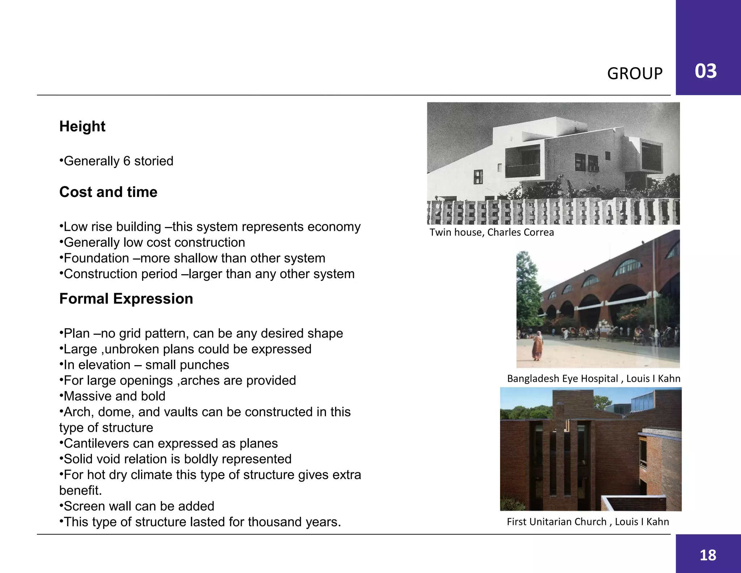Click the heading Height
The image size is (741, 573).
(82, 126)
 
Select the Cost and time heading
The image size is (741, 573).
(108, 192)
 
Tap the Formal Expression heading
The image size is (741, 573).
(126, 299)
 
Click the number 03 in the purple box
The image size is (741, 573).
(706, 71)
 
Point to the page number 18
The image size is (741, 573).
(708, 555)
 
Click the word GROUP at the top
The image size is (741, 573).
(635, 74)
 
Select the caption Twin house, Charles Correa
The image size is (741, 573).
(491, 232)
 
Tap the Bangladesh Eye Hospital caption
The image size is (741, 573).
(593, 378)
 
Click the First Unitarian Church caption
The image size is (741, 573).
(588, 522)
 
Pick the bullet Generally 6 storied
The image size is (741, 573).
(117, 161)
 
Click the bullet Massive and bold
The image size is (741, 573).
(113, 396)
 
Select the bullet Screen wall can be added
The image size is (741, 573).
(137, 506)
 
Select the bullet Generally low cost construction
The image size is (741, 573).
(152, 242)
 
